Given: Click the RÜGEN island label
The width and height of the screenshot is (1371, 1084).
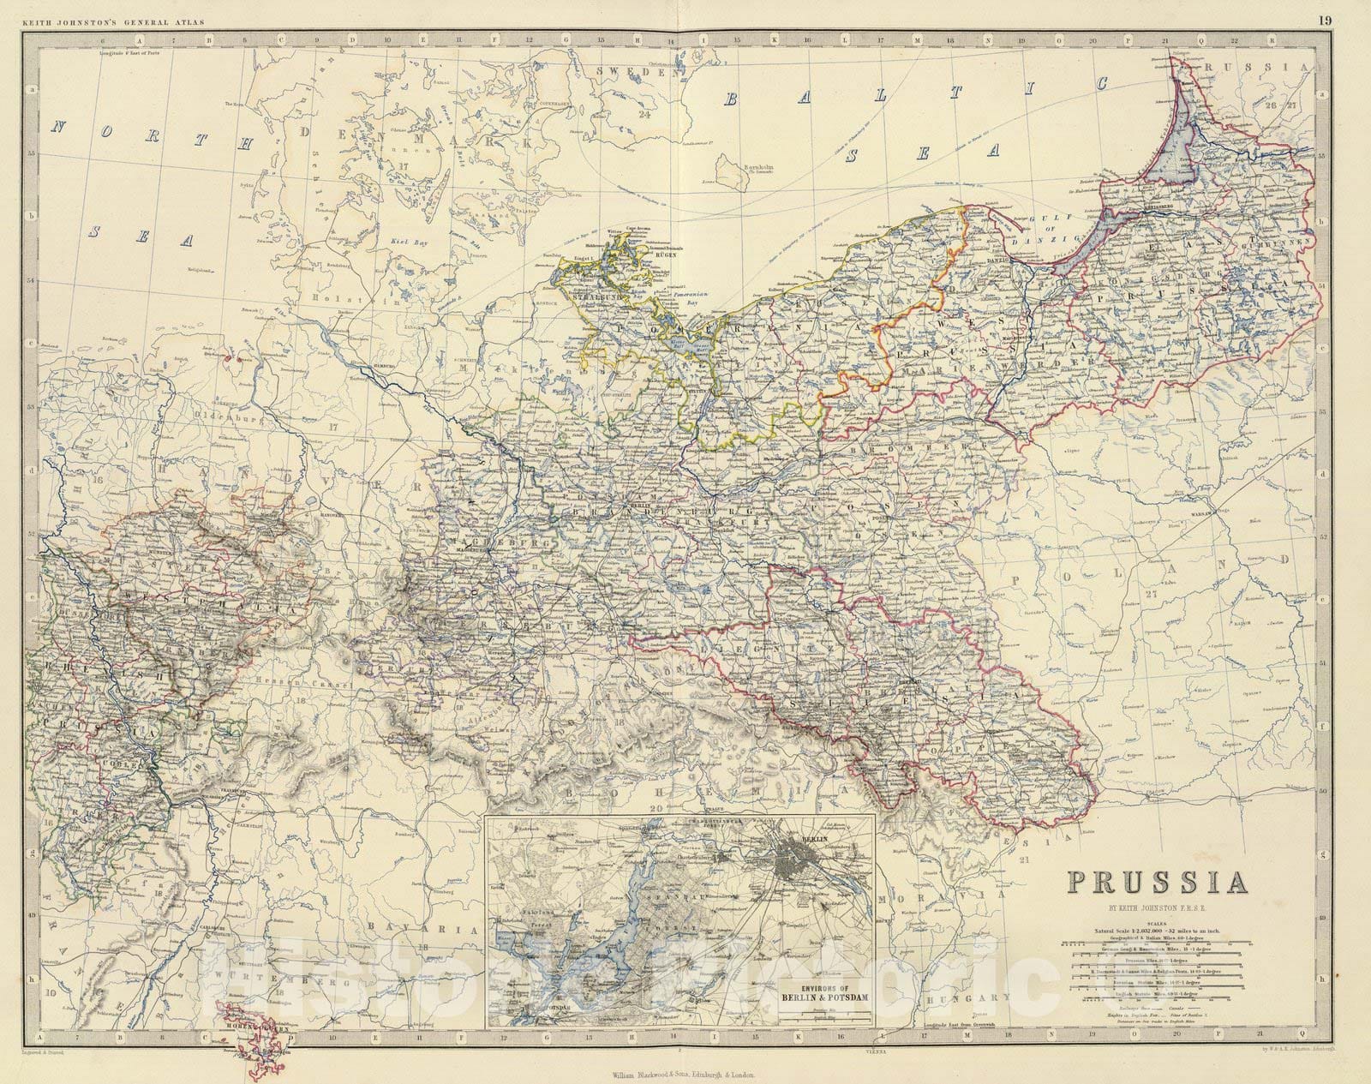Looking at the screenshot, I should click(x=665, y=254).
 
